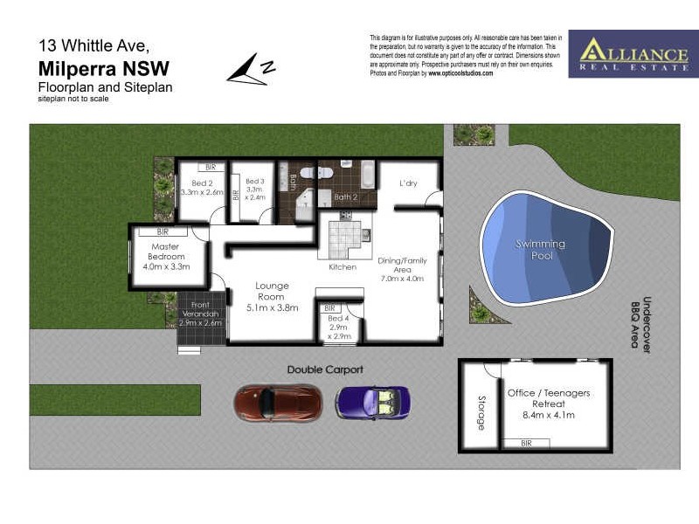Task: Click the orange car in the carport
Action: click(x=277, y=403)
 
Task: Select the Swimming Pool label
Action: click(x=540, y=249)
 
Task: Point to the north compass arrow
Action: click(x=251, y=69)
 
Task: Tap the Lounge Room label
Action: click(x=272, y=296)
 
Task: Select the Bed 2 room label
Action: click(x=202, y=188)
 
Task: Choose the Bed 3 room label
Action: click(x=254, y=189)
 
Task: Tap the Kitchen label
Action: click(x=343, y=267)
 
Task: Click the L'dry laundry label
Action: click(x=408, y=183)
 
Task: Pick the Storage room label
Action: click(x=481, y=414)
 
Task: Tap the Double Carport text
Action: click(x=325, y=369)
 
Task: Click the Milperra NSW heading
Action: click(x=104, y=69)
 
